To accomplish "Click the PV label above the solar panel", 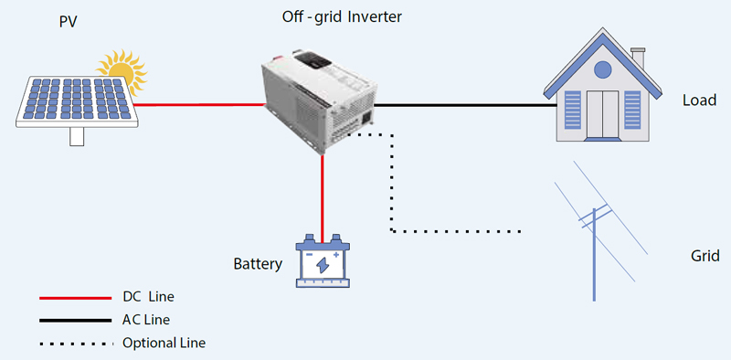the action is coord(68,22).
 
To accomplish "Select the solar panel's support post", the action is coord(77,136).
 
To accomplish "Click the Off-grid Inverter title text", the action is coord(342,17).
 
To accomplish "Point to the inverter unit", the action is coord(320,101).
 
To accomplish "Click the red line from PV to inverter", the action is coord(199,104).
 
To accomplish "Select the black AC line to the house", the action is coord(466,105).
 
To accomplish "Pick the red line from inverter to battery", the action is coord(323,197).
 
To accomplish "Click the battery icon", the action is coord(323,260).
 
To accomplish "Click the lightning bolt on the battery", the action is coord(323,264).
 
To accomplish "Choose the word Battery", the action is coord(258,264).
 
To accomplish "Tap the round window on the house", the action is coord(602,70).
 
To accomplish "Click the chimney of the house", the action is coord(638,57).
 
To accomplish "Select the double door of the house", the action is coord(602,114).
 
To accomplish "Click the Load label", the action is coord(699,101).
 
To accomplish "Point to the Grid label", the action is coord(705,256).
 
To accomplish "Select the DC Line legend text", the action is coord(148,297).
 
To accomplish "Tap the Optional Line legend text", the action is coord(164,344).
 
